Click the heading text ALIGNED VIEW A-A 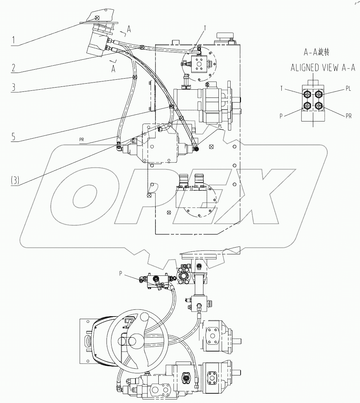pos(322,68)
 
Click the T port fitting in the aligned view pos(307,94)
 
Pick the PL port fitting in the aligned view pos(318,94)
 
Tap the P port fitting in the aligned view pos(307,106)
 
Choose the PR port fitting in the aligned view pos(318,106)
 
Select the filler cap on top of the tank pos(225,36)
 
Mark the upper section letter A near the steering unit pos(129,30)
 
